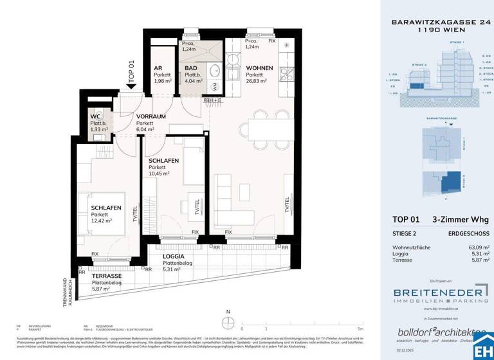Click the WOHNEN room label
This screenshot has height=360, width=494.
259,67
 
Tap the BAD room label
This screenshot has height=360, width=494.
191,67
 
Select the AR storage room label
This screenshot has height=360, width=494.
158,67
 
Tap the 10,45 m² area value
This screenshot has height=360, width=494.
158,174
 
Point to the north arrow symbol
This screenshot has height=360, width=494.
228,323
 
